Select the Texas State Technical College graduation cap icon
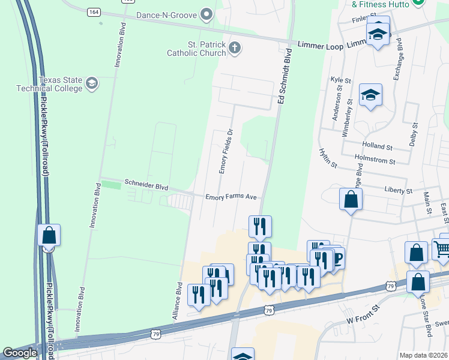tap(91, 82)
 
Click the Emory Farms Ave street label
tap(231, 197)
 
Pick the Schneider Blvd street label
tap(146, 186)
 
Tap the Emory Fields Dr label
tap(225, 151)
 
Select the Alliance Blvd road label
tap(178, 299)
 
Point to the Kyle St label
tap(340, 79)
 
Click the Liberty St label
tap(399, 190)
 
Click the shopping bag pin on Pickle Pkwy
tap(49, 235)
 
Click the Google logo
tap(20, 353)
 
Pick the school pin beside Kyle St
tap(370, 95)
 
